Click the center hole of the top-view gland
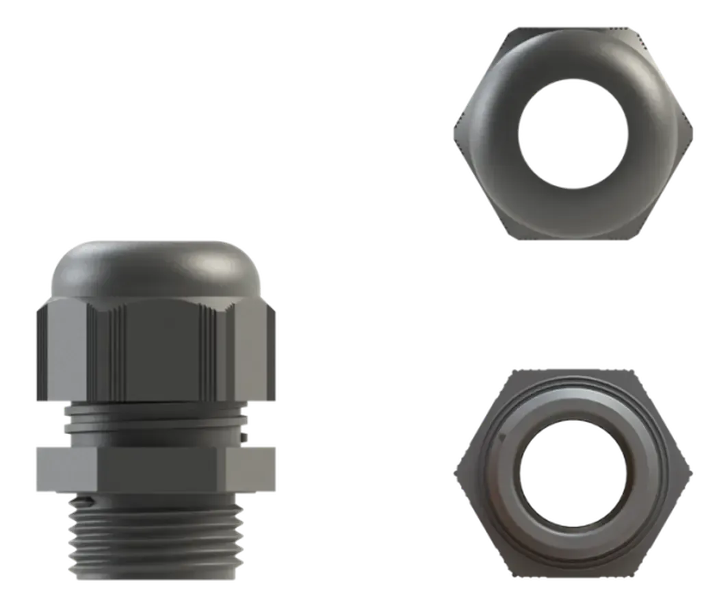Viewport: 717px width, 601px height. (x=571, y=133)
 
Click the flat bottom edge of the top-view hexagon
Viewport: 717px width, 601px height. (x=571, y=238)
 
